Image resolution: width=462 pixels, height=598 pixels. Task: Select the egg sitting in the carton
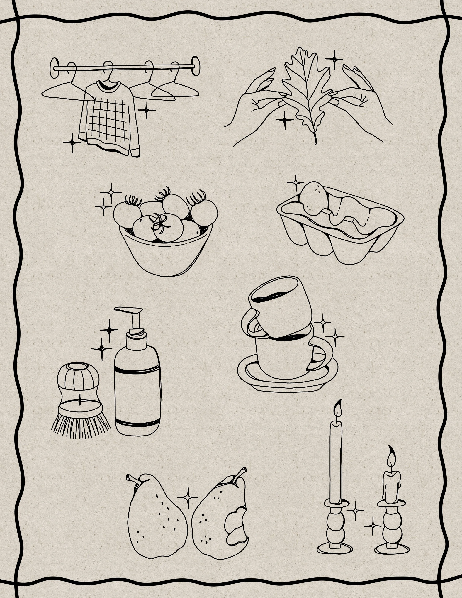tap(313, 197)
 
